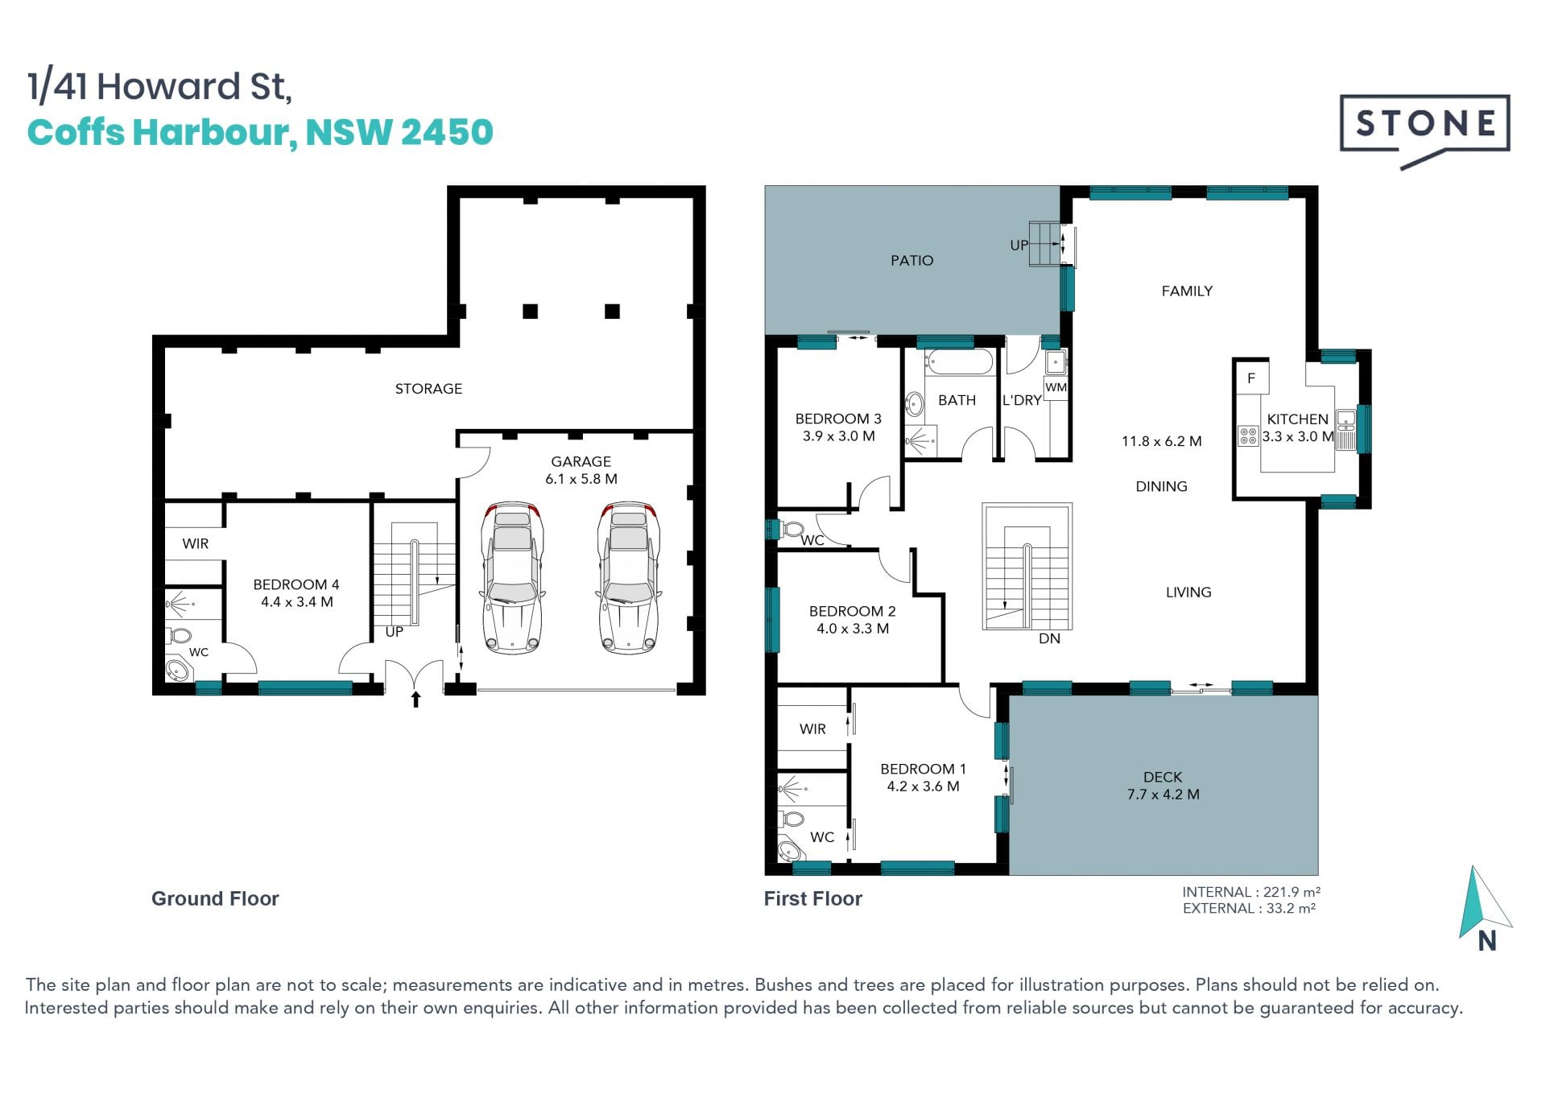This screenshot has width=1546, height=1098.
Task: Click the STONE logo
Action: pos(1424,131)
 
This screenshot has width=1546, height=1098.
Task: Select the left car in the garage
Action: pos(512,576)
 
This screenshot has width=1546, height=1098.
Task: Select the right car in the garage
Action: pos(629,576)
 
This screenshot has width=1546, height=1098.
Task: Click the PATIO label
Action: pos(911,261)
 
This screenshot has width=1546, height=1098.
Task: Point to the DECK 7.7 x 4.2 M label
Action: pos(1163,786)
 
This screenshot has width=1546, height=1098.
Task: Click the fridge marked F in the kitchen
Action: pos(1251,378)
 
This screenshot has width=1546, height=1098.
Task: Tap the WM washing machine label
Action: pos(1056,387)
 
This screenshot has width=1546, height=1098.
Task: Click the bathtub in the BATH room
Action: pos(958,362)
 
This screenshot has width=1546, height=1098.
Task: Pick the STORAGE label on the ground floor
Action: pos(428,389)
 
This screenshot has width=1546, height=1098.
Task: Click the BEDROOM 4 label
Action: pos(296,584)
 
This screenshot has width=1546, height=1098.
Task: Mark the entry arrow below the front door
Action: pos(415,699)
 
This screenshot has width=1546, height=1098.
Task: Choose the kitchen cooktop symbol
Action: pos(1248,436)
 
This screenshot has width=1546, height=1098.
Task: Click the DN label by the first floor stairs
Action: pos(1049,638)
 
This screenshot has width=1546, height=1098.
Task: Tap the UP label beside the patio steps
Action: pos(1019,245)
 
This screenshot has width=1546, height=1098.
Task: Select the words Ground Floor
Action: pos(215,898)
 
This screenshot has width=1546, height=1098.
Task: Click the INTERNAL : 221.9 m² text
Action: pos(1251,892)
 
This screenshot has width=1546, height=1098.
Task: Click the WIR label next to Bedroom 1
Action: pos(812,729)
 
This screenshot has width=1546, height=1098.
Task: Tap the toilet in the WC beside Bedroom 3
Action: pos(792,530)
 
